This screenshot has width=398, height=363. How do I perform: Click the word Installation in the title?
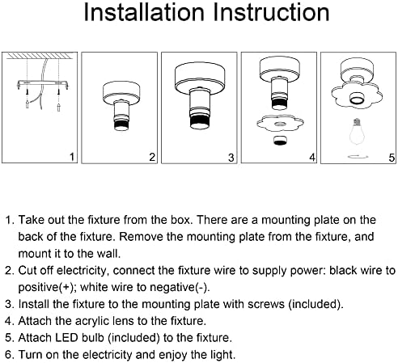(144, 12)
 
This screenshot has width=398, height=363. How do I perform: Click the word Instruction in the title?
(271, 12)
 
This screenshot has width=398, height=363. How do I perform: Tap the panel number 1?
(72, 157)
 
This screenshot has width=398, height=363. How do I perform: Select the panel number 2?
(152, 157)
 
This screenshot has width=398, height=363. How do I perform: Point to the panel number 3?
(231, 158)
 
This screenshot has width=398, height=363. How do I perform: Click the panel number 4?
(312, 157)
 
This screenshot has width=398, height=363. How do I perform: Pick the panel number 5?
(392, 158)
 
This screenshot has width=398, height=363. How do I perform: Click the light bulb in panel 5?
(357, 132)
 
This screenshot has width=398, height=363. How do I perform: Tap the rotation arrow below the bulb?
(358, 157)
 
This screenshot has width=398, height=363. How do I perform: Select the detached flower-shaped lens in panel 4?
(280, 124)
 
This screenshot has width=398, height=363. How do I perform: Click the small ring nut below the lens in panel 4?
(280, 141)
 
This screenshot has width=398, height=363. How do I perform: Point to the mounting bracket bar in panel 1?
(43, 83)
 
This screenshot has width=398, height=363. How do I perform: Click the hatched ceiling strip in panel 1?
(40, 56)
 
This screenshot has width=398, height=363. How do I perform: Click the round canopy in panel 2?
(121, 92)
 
